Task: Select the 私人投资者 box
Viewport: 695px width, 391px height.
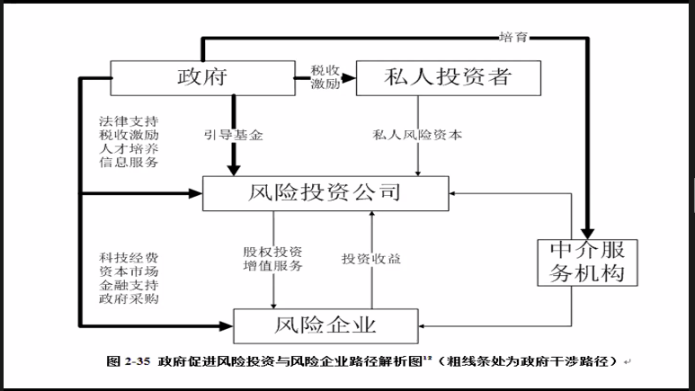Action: point(449,76)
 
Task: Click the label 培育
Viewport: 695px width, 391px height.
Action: point(513,37)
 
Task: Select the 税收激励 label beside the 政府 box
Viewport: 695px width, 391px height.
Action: point(325,76)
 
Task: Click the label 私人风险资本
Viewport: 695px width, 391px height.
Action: point(417,136)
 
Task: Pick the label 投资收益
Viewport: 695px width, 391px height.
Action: point(371,259)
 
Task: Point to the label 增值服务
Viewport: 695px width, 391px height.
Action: point(272,266)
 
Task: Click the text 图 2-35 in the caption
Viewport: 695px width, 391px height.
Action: point(127,361)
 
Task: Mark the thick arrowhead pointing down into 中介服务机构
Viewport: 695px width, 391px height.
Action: point(590,229)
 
